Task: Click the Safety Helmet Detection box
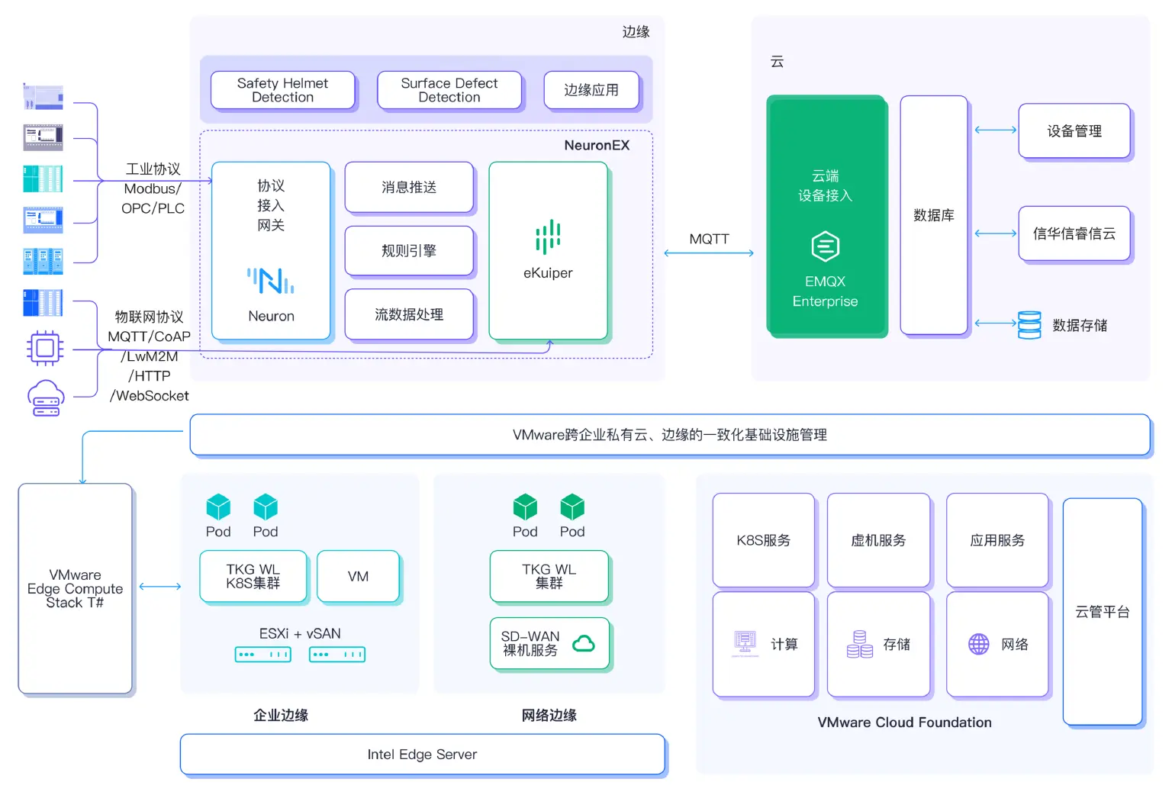click(x=282, y=90)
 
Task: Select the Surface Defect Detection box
click(x=449, y=90)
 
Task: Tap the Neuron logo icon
click(x=271, y=281)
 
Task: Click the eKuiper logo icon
click(x=548, y=237)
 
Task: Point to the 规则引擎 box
click(x=409, y=250)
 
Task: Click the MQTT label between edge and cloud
click(x=709, y=239)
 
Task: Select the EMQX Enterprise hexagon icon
click(x=825, y=246)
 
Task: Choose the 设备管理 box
click(x=1074, y=131)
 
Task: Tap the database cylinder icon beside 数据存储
click(x=1029, y=325)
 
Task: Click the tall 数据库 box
click(x=934, y=215)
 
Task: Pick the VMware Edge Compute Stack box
click(x=75, y=588)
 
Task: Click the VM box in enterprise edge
click(x=358, y=576)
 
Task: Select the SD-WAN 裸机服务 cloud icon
click(x=584, y=643)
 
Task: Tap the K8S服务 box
click(x=763, y=540)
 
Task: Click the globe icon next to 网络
click(x=979, y=644)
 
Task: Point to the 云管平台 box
click(x=1102, y=611)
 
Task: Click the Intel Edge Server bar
click(x=422, y=754)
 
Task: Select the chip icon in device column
click(x=45, y=349)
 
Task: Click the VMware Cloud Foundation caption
click(x=904, y=722)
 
